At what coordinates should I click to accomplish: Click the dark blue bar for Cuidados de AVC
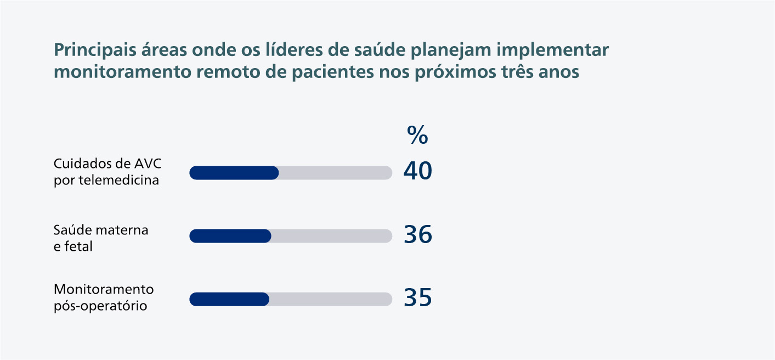point(234,173)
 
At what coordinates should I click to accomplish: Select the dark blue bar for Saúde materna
point(230,236)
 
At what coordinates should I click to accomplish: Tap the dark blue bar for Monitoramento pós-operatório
point(229,299)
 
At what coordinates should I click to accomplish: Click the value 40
point(418,172)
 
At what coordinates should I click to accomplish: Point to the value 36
point(418,235)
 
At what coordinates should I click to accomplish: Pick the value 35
point(418,298)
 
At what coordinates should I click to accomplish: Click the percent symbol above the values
point(417,136)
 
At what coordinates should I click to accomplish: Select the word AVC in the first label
point(148,164)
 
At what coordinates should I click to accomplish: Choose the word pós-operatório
point(100,306)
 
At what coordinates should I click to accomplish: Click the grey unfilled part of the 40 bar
point(335,173)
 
